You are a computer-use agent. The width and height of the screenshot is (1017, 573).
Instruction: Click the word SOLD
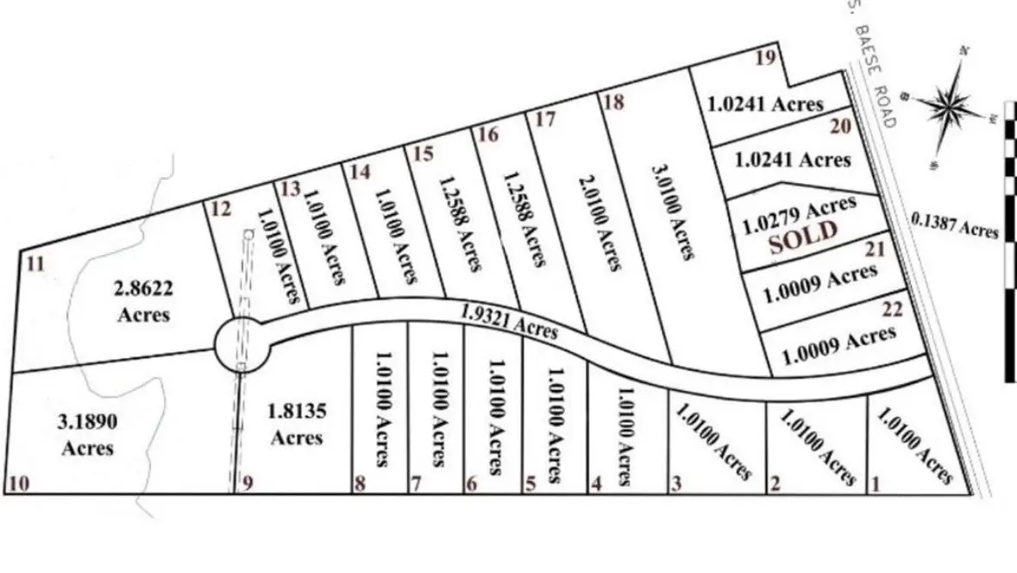pyautogui.click(x=803, y=234)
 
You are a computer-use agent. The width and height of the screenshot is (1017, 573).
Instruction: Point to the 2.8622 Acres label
pyautogui.click(x=143, y=299)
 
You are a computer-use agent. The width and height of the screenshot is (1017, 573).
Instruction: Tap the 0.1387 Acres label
pyautogui.click(x=955, y=226)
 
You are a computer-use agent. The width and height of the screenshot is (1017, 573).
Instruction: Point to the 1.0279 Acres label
pyautogui.click(x=800, y=212)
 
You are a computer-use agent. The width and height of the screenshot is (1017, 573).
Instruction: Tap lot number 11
pyautogui.click(x=35, y=263)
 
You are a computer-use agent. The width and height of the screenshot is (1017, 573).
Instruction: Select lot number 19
pyautogui.click(x=765, y=58)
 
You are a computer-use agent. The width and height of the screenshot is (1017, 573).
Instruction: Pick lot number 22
pyautogui.click(x=892, y=310)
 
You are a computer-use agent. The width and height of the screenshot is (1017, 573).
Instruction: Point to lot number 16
pyautogui.click(x=487, y=135)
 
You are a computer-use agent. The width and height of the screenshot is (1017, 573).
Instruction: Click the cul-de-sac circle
pyautogui.click(x=242, y=344)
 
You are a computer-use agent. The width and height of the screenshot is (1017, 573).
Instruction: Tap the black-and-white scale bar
pyautogui.click(x=1009, y=250)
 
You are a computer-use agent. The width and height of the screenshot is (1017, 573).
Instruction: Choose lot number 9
pyautogui.click(x=248, y=483)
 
